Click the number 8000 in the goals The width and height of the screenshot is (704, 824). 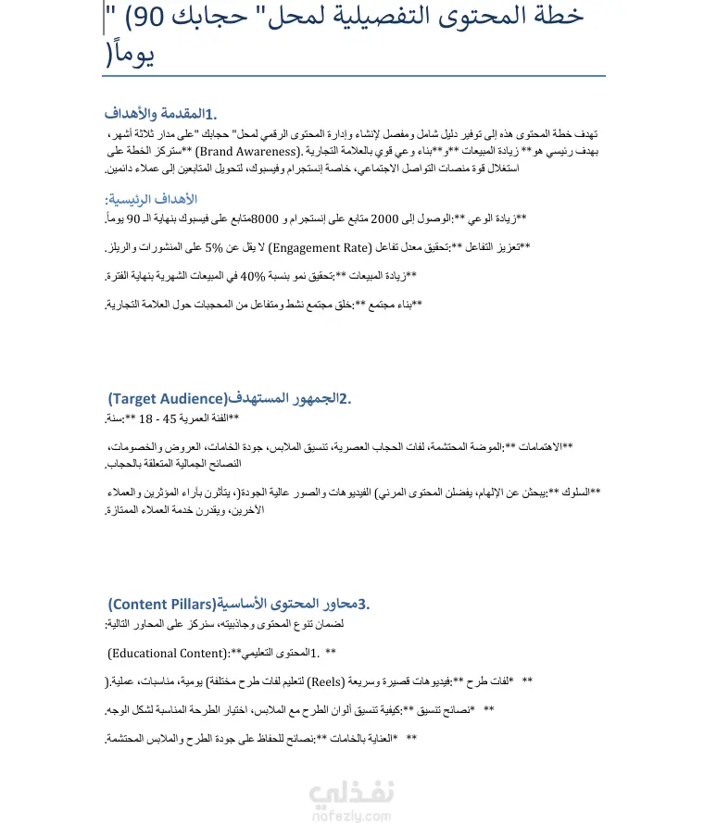tap(268, 218)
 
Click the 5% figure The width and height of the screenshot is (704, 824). tap(215, 247)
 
